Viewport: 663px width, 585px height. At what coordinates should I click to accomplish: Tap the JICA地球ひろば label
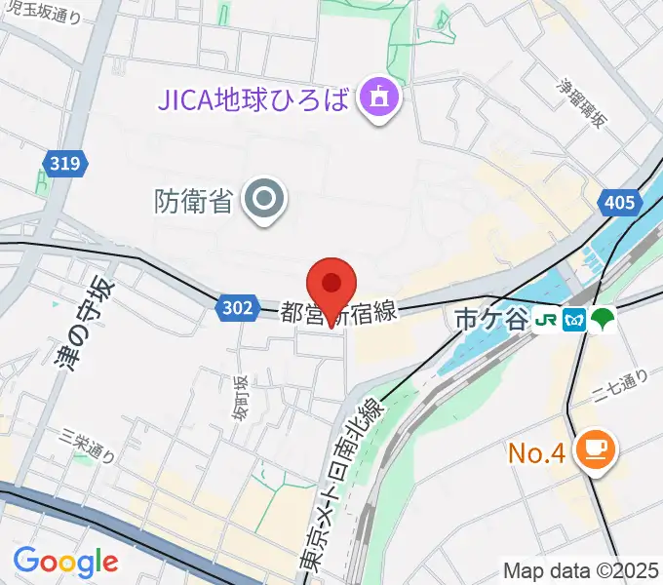tap(254, 98)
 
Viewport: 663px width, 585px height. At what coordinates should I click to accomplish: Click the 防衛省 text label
tap(193, 201)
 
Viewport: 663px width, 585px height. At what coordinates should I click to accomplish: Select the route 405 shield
tap(617, 203)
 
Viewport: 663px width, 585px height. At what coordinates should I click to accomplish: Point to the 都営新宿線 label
tap(338, 313)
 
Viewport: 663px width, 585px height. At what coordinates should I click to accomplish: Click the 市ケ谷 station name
tap(489, 320)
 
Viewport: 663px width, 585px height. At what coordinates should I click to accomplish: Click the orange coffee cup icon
tap(594, 448)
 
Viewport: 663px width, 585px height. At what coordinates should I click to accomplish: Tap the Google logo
tap(65, 562)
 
